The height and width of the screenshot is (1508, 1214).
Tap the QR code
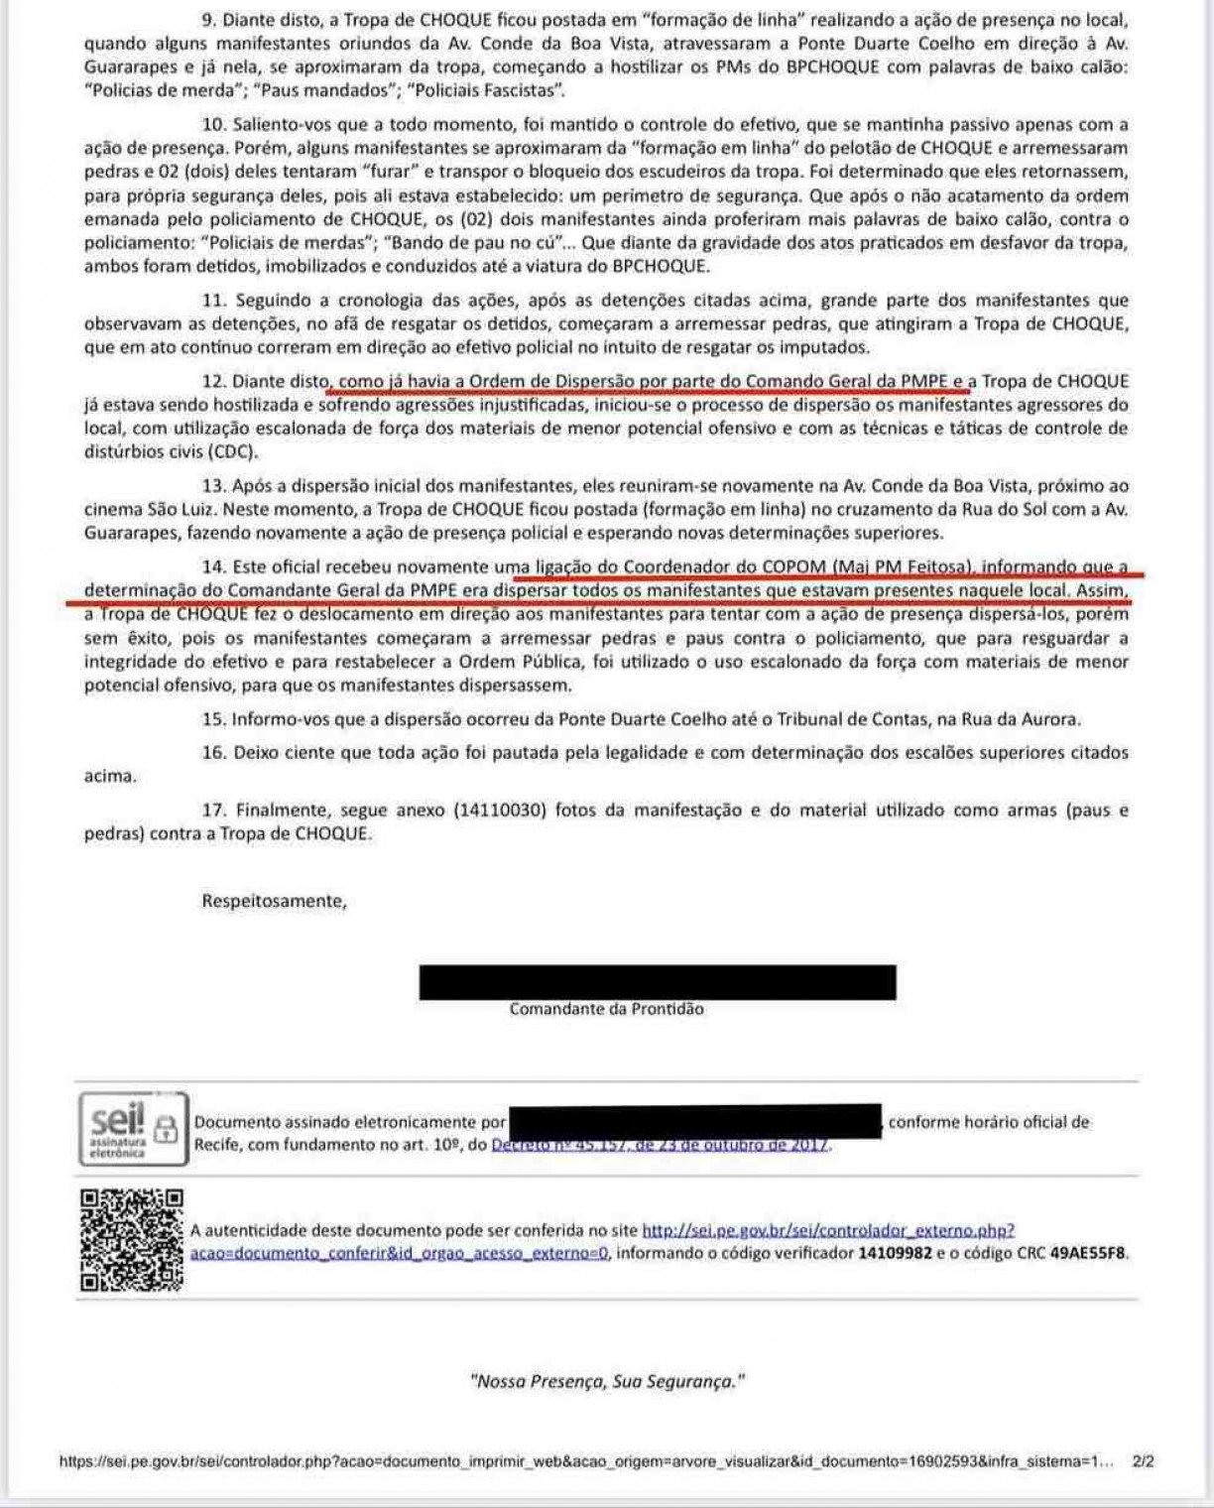pos(133,1240)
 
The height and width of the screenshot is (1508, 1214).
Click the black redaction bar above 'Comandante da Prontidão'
pos(658,981)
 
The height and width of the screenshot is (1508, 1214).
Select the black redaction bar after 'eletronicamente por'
pos(694,1121)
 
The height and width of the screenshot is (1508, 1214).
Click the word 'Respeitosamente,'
pos(275,902)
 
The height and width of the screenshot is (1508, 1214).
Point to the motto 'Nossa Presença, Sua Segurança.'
pos(606,1380)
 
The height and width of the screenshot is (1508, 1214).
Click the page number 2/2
pos(1143,1461)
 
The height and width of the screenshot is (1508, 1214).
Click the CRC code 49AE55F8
pos(1089,1253)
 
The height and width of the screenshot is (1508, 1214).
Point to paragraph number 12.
pos(214,381)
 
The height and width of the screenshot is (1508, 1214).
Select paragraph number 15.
pos(214,719)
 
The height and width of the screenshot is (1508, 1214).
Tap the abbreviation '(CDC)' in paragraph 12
pos(232,452)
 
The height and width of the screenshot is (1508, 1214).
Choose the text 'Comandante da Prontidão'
pos(606,1009)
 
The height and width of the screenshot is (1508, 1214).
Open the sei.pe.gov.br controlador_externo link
pos(828,1231)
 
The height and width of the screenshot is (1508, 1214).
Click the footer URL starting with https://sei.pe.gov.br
pos(585,1461)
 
